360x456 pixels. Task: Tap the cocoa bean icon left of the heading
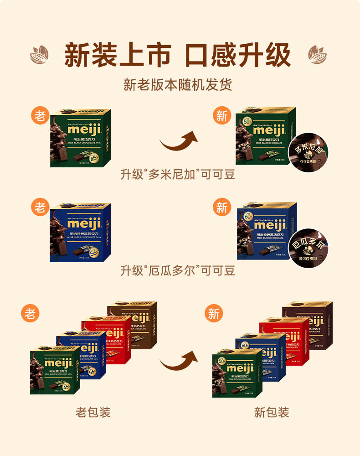point(39,55)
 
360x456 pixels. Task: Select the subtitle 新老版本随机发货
point(178,85)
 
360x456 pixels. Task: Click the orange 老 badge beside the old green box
point(40,115)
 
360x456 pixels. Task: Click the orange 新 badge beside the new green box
point(222,116)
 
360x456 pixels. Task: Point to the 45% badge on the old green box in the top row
point(94,158)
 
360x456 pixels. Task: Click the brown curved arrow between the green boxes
point(178,141)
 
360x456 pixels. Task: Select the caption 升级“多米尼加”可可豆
point(178,175)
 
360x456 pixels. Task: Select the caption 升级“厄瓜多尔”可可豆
point(178,270)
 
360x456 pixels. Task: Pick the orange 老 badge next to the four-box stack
point(30,313)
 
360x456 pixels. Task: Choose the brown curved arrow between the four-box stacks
point(178,361)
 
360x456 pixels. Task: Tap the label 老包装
point(93,413)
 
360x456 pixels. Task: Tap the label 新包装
point(272,413)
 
